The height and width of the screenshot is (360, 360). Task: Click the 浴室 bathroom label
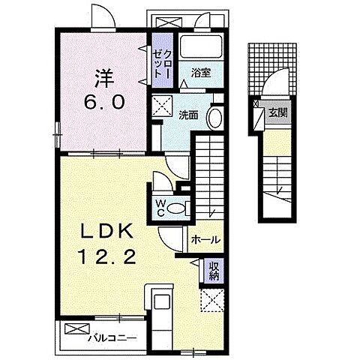[x=201, y=73]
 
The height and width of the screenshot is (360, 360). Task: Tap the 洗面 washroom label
[x=189, y=115]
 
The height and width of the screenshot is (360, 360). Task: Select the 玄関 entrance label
[x=277, y=113]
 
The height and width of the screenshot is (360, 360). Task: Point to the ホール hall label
[x=205, y=240]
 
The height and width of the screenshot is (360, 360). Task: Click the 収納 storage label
[x=214, y=271]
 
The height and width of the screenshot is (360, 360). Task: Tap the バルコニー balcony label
[x=113, y=339]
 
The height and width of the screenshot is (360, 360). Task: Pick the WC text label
[x=160, y=208]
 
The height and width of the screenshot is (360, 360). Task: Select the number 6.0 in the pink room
[x=104, y=102]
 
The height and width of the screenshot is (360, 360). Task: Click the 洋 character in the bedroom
[x=104, y=78]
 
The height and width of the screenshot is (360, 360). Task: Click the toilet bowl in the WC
[x=176, y=208]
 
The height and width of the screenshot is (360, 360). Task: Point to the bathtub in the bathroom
[x=201, y=47]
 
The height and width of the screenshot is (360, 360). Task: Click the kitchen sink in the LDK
[x=162, y=302]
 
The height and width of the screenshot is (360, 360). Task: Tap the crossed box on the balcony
[x=77, y=328]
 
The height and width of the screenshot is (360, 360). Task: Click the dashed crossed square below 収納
[x=212, y=300]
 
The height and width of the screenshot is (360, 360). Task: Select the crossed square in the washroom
[x=162, y=106]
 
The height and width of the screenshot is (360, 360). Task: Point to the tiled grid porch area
[x=272, y=69]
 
